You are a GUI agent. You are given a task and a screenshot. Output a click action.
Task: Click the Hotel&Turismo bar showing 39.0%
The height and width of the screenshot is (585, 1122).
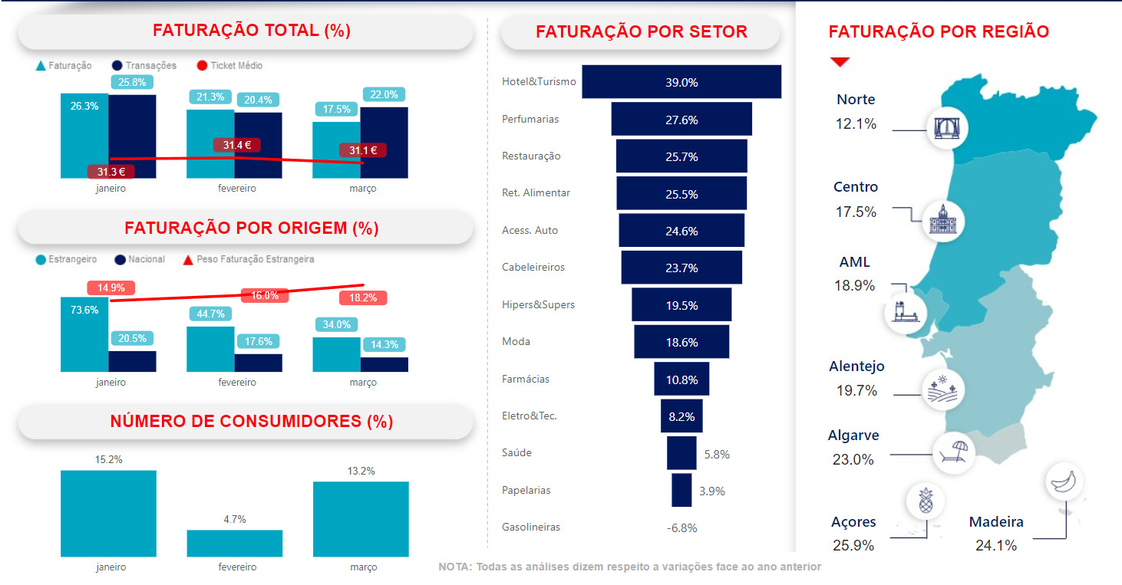click(x=681, y=82)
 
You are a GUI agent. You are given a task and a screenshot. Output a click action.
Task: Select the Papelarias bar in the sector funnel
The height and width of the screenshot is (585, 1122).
click(x=681, y=490)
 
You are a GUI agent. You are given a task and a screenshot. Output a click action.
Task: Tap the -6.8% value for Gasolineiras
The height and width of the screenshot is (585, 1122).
click(x=681, y=527)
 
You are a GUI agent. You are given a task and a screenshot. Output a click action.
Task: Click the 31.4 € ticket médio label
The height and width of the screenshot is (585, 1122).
click(x=237, y=145)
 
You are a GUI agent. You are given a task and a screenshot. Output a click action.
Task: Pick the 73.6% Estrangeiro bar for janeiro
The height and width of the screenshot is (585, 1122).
click(x=84, y=334)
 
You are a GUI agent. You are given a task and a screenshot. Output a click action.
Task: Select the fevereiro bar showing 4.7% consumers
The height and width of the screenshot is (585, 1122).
click(x=234, y=543)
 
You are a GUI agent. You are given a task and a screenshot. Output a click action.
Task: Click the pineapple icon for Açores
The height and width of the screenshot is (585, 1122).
click(x=925, y=501)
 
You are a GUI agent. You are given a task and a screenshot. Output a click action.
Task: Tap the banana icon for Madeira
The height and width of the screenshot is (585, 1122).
click(x=1064, y=481)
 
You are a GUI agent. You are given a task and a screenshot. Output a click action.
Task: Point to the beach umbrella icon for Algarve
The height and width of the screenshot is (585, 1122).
click(x=953, y=452)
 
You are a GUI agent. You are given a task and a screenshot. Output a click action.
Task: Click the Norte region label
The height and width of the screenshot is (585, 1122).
click(x=856, y=100)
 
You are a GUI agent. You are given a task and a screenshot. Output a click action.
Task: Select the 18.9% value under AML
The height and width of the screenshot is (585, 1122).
click(x=854, y=286)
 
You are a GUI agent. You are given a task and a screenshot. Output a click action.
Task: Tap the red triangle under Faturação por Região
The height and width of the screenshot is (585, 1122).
click(x=840, y=61)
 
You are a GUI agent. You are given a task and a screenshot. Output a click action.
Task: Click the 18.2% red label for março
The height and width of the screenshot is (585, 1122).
click(x=363, y=297)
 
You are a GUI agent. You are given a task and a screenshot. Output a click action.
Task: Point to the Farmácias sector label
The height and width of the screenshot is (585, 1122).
click(x=526, y=379)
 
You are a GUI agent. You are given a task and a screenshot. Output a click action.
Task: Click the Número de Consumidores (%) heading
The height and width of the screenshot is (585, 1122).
click(x=251, y=421)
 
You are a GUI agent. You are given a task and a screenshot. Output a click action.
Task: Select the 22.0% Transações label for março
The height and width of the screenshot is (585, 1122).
click(x=384, y=94)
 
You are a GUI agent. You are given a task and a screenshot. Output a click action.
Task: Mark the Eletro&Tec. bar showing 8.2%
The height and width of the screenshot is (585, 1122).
click(x=681, y=416)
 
